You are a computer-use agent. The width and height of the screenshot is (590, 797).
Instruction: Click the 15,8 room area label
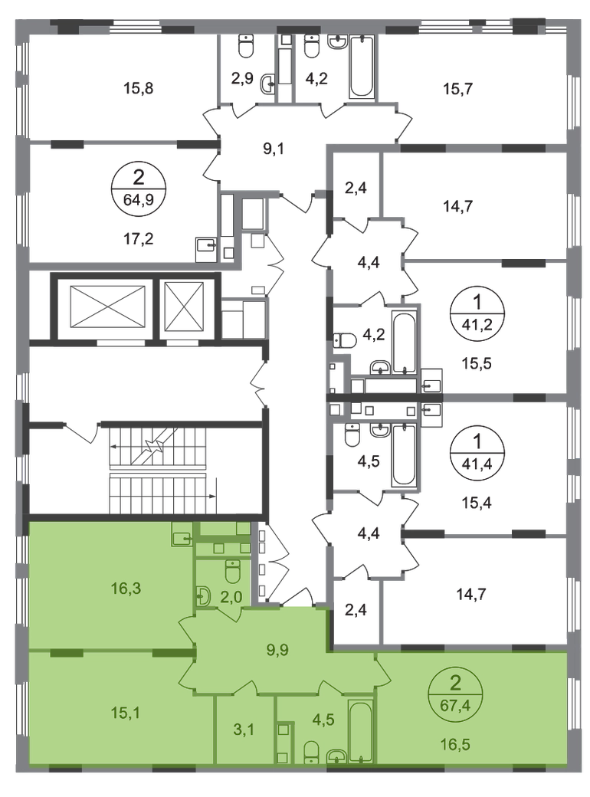coord(138,88)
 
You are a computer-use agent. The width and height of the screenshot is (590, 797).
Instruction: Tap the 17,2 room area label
coord(139,238)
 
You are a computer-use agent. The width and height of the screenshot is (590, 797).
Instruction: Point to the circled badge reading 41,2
coord(477,312)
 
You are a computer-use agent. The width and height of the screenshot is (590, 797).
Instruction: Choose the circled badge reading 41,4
coord(477,449)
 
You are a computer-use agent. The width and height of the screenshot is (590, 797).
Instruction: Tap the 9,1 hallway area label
coord(274,149)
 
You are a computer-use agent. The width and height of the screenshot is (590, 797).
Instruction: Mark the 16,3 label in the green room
coord(126,588)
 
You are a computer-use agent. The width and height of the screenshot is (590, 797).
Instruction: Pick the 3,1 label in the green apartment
coord(244,730)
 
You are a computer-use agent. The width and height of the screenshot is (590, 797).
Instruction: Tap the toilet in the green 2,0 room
coord(233,572)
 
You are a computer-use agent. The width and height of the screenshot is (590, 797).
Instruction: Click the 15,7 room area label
coord(458,89)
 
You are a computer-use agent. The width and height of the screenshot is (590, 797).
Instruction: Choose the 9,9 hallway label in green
coord(277,649)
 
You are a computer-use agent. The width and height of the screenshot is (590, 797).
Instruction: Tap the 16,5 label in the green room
coord(455,745)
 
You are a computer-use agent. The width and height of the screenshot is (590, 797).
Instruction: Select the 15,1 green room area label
coord(126,713)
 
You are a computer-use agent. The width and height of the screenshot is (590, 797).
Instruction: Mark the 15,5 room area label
coord(477,364)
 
